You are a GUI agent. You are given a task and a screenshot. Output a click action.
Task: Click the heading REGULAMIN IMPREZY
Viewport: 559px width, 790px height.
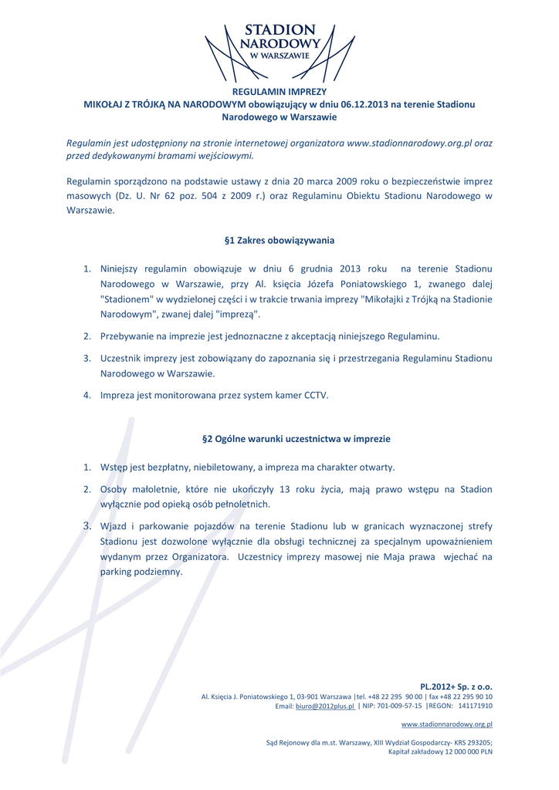point(279,92)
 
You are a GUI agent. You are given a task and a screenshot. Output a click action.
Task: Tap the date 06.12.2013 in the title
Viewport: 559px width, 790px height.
point(368,105)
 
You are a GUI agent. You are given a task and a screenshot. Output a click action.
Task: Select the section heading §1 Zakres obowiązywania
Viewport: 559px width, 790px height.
point(279,240)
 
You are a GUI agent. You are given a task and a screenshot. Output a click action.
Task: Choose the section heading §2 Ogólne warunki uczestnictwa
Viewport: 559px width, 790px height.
point(296,438)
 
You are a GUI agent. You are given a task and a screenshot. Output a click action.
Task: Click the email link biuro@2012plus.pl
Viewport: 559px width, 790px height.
point(324,706)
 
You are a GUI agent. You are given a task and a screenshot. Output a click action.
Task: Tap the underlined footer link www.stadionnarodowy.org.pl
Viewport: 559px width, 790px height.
point(448,724)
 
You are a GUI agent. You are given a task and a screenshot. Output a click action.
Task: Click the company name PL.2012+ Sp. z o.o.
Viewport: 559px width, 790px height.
point(456,686)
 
